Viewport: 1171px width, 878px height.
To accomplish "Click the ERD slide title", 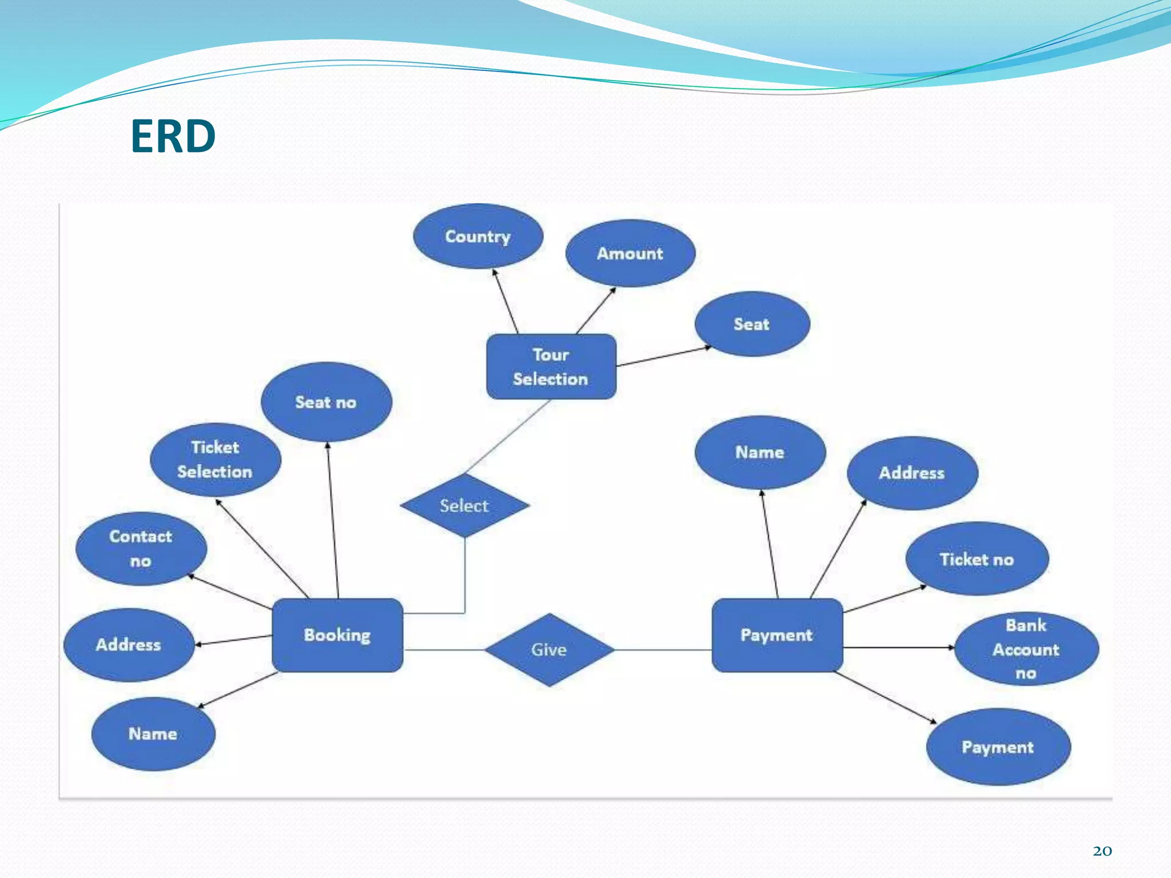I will pos(173,137).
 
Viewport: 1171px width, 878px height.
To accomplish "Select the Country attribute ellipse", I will pos(478,236).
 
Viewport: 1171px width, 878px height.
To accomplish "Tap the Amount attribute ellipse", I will pos(630,253).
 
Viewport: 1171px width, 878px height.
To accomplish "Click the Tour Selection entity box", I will pos(551,366).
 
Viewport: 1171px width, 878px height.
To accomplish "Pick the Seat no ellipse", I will pos(326,402).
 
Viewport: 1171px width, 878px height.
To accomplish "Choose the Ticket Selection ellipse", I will pos(215,460).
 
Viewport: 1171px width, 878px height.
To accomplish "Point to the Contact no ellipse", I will pos(141,549).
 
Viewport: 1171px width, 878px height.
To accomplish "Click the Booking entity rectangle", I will pos(337,635).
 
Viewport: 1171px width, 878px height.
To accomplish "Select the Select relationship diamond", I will pos(464,505).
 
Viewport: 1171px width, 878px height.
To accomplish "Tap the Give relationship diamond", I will pos(549,649).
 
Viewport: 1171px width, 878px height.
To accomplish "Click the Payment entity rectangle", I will pos(776,635).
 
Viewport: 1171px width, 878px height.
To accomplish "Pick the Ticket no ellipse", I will pos(977,559).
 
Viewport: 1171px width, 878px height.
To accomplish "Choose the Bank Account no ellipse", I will pos(1026,649).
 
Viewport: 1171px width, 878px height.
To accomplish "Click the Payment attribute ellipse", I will pos(998,747).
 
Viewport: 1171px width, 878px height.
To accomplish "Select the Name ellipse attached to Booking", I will pos(153,733).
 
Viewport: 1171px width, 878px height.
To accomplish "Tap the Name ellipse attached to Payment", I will pos(760,452).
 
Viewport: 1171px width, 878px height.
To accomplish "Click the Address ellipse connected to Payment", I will pos(912,473).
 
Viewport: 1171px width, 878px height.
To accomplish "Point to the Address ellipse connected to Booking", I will pos(129,645).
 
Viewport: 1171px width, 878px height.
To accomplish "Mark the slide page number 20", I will pos(1102,851).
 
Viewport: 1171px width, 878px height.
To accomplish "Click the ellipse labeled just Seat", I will pos(752,324).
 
